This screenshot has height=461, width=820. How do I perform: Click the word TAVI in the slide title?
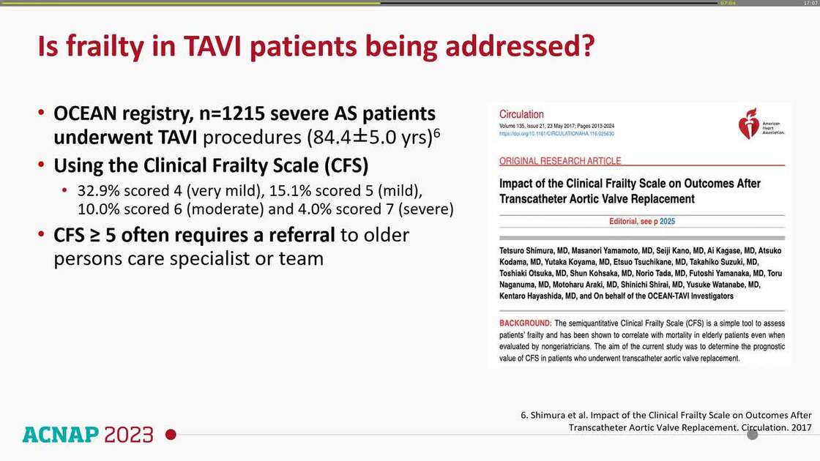pyautogui.click(x=200, y=46)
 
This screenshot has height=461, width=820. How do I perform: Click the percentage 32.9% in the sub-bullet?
pyautogui.click(x=99, y=190)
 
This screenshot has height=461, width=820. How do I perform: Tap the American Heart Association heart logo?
pyautogui.click(x=748, y=123)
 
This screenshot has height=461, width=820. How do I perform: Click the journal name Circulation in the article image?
pyautogui.click(x=521, y=114)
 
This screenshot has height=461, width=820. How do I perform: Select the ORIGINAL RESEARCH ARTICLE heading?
pyautogui.click(x=560, y=161)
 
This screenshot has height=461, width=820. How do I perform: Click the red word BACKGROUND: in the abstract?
pyautogui.click(x=526, y=323)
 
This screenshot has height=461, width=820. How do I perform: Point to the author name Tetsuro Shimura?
pyautogui.click(x=529, y=249)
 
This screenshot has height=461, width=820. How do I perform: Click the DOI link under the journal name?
pyautogui.click(x=556, y=134)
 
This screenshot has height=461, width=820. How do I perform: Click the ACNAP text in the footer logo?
pyautogui.click(x=60, y=435)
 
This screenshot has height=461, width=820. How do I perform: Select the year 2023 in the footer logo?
pyautogui.click(x=129, y=435)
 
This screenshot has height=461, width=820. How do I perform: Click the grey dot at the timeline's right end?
pyautogui.click(x=752, y=435)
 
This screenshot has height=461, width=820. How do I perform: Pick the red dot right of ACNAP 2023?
pyautogui.click(x=171, y=435)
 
